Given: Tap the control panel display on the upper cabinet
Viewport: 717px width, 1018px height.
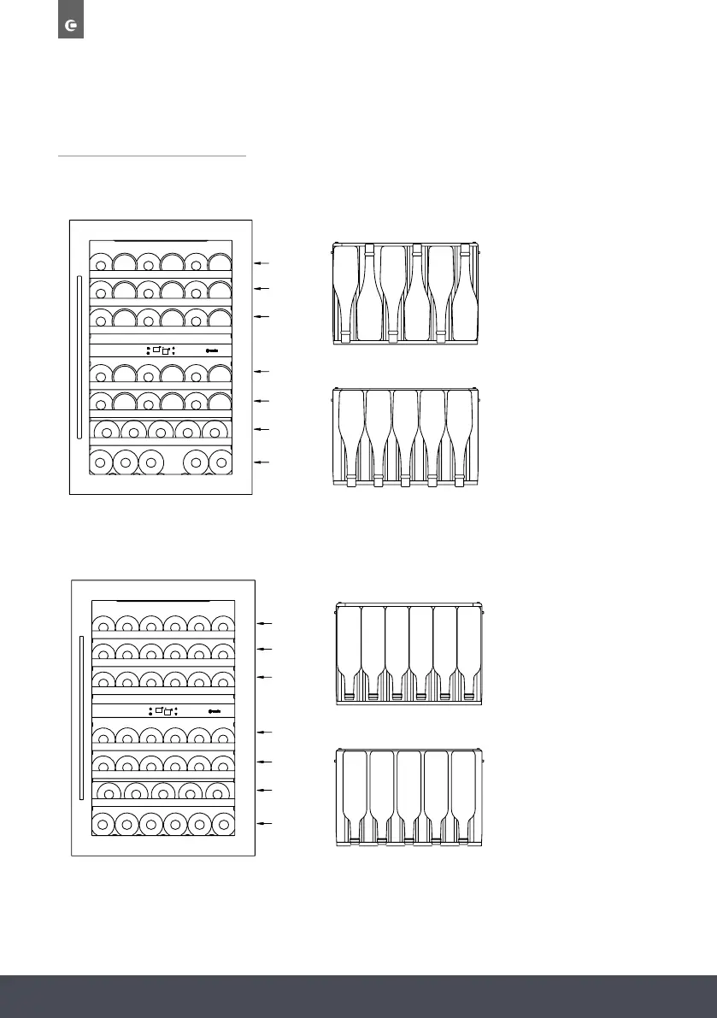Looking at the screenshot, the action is tap(161, 350).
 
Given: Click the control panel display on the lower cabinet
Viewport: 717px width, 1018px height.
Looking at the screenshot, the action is tap(161, 710).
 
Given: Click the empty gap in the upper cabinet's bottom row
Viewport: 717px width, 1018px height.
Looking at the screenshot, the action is tap(173, 462).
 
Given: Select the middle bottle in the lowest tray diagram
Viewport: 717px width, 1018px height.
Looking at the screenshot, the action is tap(408, 795).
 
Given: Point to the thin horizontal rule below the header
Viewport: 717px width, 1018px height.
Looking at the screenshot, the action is tap(151, 156).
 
